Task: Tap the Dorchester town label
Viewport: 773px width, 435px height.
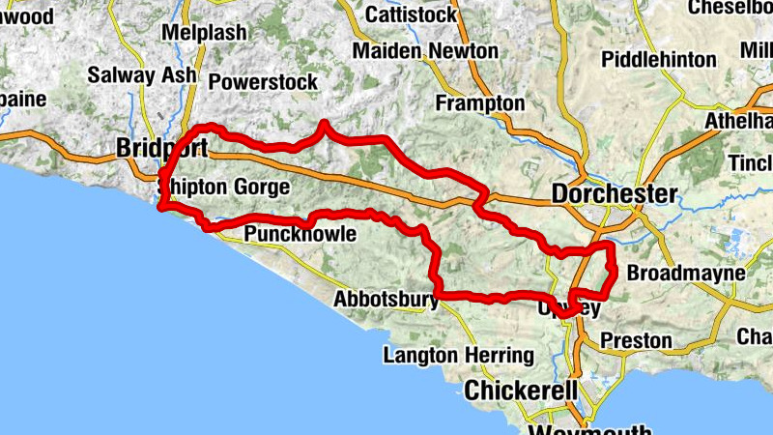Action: click(615, 194)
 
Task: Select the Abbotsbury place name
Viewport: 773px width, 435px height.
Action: click(386, 300)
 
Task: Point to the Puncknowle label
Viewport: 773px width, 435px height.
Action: click(301, 235)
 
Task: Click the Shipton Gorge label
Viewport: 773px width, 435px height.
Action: click(223, 187)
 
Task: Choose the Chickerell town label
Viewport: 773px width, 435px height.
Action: click(521, 391)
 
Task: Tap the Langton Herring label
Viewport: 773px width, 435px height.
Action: click(458, 356)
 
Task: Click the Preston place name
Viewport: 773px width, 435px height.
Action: click(635, 340)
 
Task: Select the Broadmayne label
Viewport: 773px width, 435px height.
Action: click(686, 274)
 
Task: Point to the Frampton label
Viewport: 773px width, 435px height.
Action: click(480, 103)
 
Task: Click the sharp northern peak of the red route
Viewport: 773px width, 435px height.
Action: click(324, 123)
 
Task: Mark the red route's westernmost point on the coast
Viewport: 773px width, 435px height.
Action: click(161, 206)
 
